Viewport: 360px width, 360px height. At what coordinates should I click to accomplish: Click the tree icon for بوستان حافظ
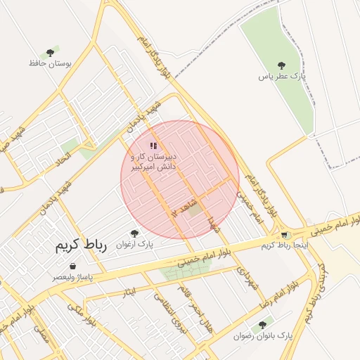[x=49, y=53]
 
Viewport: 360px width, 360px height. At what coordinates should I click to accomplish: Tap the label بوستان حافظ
[x=51, y=63]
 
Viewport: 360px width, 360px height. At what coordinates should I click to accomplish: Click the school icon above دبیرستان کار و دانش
[x=153, y=145]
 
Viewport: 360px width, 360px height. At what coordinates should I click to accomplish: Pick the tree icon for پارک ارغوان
[x=134, y=233]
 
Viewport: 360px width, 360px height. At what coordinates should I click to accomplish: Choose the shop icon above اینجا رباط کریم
[x=284, y=236]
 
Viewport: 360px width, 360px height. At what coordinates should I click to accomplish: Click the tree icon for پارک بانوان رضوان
[x=262, y=325]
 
